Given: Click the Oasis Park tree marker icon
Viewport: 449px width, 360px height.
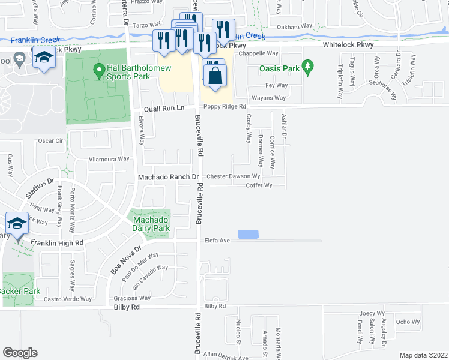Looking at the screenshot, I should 308,65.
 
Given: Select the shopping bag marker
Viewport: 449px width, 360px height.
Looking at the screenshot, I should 215,76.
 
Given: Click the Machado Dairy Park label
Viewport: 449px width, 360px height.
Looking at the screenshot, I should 151,223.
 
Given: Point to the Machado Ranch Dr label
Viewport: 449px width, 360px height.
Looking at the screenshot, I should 168,177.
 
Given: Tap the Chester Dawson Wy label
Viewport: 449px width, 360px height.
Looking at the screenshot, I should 234,176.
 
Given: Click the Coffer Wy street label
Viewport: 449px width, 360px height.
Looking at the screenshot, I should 259,185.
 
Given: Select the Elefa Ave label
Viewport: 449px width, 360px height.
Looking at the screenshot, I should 217,241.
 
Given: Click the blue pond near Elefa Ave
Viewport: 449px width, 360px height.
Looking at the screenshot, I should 247,235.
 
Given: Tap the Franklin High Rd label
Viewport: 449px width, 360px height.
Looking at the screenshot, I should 58,243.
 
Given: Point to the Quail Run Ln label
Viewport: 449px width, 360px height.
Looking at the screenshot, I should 163,109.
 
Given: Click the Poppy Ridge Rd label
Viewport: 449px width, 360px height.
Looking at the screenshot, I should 225,106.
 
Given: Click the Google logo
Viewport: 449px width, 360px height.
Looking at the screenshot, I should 20,352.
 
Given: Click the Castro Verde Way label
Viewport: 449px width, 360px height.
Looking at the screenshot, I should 68,299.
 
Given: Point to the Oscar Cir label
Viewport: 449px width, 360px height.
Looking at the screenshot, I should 50,140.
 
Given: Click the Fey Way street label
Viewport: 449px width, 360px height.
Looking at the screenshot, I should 280,86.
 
